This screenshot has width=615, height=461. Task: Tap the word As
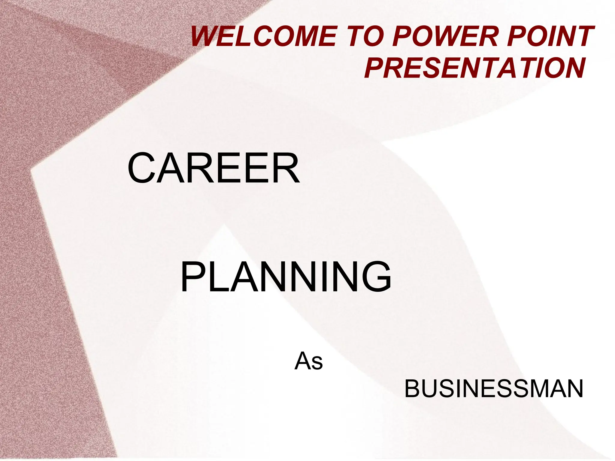[x=308, y=361]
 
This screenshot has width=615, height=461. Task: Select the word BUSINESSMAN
[x=493, y=389]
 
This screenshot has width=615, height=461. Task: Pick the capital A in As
[x=303, y=361]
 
